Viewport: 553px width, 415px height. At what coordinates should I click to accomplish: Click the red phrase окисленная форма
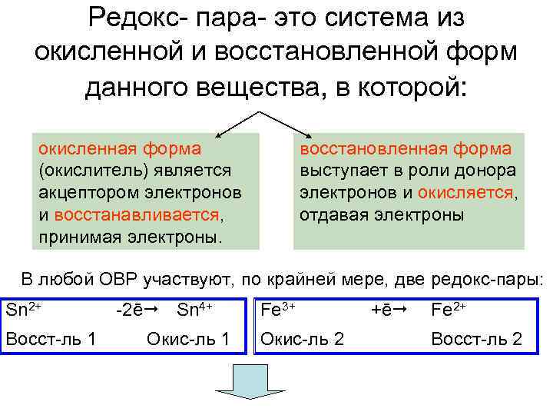[x=120, y=148]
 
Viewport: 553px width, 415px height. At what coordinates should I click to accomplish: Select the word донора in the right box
[x=482, y=169]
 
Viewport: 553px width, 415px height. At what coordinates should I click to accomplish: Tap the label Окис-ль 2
[x=303, y=338]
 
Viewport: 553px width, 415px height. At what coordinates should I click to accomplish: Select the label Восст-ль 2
[x=476, y=338]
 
